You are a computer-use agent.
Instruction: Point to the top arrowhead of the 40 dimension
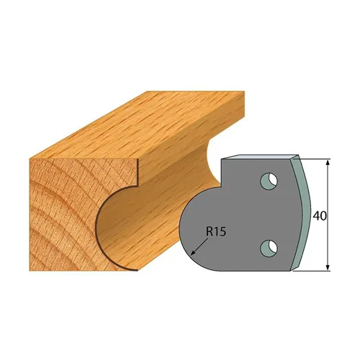[328, 165]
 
